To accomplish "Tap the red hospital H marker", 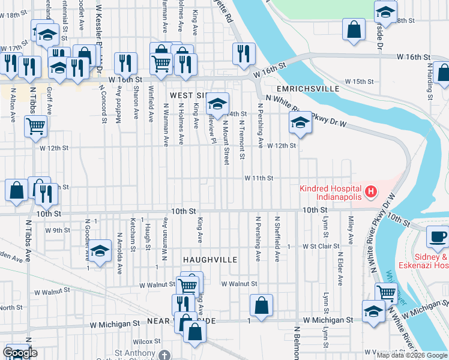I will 371,193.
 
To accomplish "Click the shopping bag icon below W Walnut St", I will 262,305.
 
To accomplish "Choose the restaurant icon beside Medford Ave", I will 125,63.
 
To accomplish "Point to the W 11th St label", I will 258,178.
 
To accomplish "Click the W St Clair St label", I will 321,246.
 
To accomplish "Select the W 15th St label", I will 359,81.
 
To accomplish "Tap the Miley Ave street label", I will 349,230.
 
